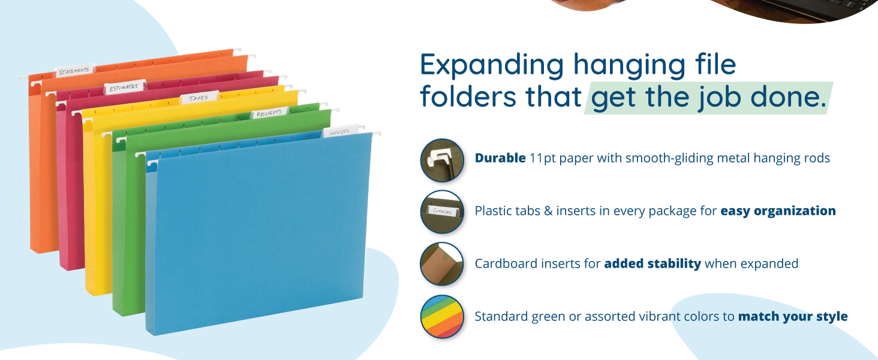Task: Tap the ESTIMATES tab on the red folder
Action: [124, 88]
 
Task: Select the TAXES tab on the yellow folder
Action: [199, 98]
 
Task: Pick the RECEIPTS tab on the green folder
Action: [269, 113]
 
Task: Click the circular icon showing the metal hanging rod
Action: [442, 160]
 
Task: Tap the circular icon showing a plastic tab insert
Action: [442, 212]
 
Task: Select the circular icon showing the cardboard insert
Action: [442, 264]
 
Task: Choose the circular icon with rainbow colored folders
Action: [442, 317]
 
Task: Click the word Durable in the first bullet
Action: [500, 158]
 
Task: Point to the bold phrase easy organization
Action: [778, 211]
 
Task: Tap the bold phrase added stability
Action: [653, 263]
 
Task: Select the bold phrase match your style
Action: [793, 316]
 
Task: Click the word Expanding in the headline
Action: [492, 65]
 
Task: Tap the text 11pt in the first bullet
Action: [545, 158]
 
